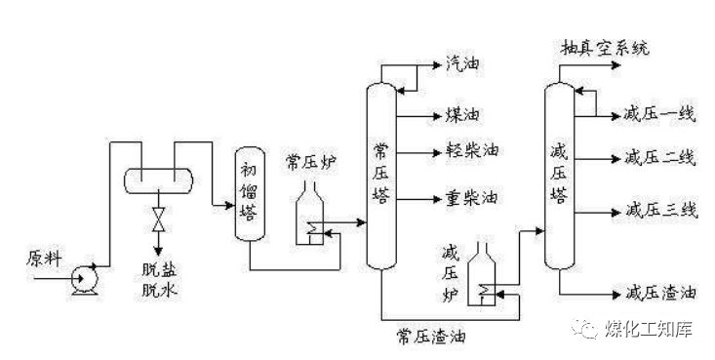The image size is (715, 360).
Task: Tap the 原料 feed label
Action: tap(43, 258)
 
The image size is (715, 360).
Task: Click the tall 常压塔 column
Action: tap(381, 176)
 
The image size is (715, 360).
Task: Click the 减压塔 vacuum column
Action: tap(559, 176)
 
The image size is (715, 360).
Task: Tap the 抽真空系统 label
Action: tap(605, 47)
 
